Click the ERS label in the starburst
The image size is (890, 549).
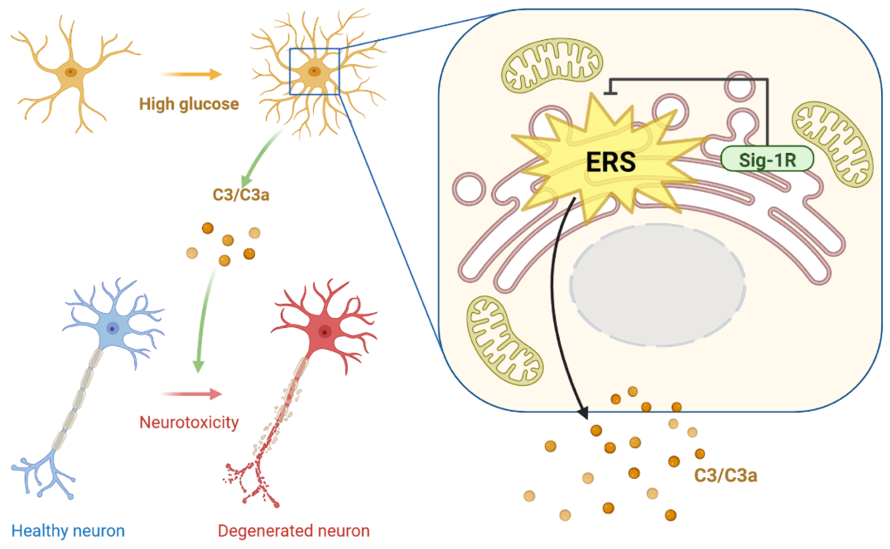click(x=611, y=162)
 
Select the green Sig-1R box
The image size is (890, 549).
click(x=766, y=159)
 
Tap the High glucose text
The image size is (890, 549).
click(x=189, y=104)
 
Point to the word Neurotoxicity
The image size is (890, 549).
click(x=189, y=422)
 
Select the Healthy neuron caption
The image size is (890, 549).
click(x=68, y=531)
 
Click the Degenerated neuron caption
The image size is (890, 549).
click(x=293, y=531)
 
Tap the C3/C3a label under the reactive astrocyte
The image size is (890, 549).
click(x=241, y=195)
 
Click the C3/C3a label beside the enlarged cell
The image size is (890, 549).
click(x=725, y=476)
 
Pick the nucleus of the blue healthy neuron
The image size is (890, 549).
click(x=112, y=329)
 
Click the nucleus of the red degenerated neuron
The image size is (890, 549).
click(x=324, y=332)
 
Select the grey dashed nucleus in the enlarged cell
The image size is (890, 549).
click(x=657, y=285)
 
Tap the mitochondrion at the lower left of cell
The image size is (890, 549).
click(x=504, y=341)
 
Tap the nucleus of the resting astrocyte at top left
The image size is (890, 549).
click(x=71, y=72)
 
